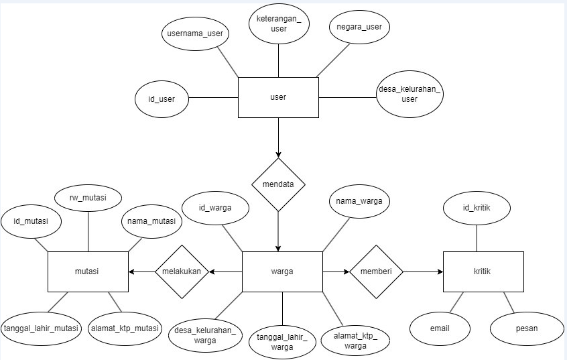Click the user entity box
(278, 97)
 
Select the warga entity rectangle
(282, 272)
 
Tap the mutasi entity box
(88, 272)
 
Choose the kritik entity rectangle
(483, 272)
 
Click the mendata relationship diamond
(278, 184)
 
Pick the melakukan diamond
(182, 272)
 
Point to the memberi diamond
(376, 272)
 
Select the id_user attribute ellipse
(162, 99)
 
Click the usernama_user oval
(196, 33)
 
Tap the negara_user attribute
(360, 27)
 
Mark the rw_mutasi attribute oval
(88, 198)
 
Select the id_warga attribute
(216, 208)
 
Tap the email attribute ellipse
(440, 328)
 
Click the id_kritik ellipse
(477, 208)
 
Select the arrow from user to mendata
(278, 137)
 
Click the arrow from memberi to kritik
(423, 272)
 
